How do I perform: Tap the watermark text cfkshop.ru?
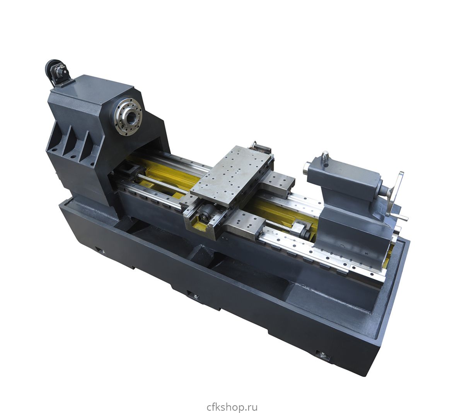click(x=232, y=401)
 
